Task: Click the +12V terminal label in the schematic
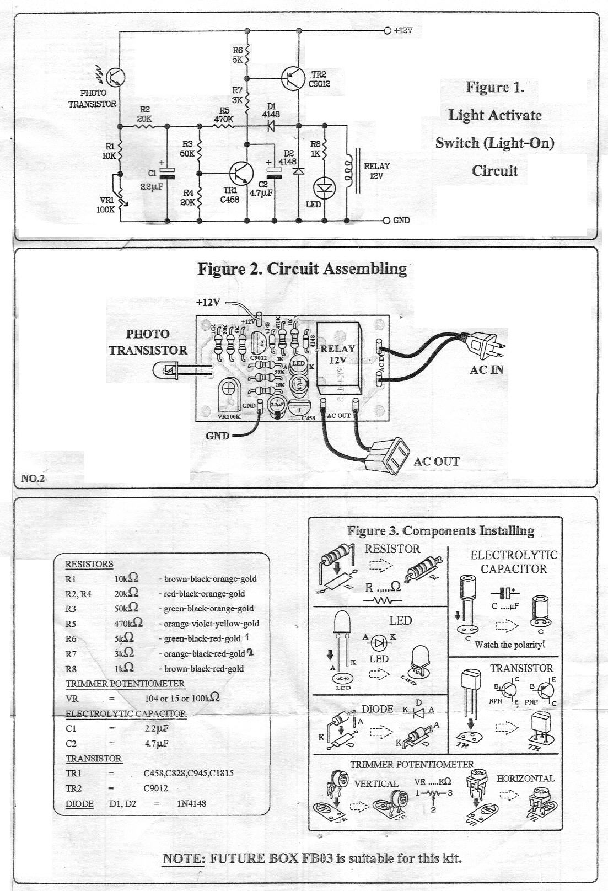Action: tap(403, 31)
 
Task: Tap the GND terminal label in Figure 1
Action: tap(401, 221)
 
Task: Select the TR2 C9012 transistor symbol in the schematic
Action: tap(292, 77)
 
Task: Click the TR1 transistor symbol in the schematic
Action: tap(240, 172)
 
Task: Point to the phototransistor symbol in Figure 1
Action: tap(115, 77)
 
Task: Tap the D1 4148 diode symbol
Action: tap(271, 126)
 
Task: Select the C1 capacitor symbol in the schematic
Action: tap(167, 173)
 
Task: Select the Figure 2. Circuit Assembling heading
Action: tap(302, 269)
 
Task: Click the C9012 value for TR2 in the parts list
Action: tap(156, 788)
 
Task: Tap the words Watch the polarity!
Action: tap(510, 645)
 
